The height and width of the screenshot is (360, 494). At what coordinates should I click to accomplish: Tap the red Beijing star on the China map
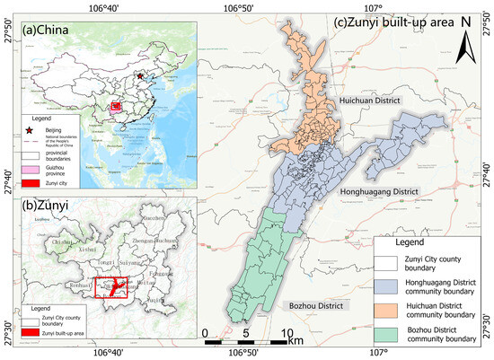tap(139, 77)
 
